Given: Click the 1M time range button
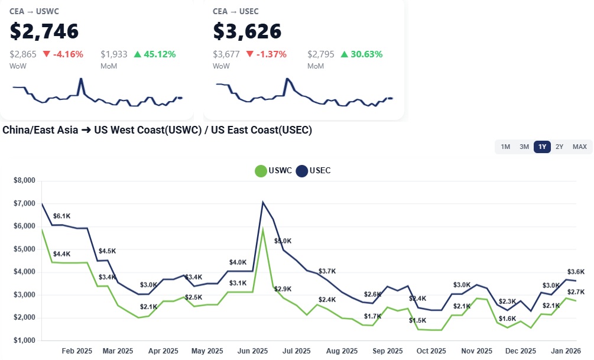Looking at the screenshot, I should coord(505,147).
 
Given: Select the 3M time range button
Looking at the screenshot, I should coord(524,147).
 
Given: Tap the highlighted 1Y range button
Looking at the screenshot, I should coord(542,147).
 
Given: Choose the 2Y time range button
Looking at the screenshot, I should coord(559,147).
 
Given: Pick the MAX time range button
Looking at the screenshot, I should coord(579,147).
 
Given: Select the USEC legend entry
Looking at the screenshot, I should coord(313,171).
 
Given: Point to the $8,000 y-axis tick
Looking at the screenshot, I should coord(24,180).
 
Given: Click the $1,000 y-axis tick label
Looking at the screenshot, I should coord(24,341).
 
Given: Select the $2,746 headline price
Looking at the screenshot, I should coord(44,31).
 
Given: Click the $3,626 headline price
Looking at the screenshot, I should coord(247,31).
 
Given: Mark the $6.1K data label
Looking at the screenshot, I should coord(62,216).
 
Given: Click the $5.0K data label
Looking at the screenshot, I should coord(283,241).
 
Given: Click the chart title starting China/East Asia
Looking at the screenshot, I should coord(157,130).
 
